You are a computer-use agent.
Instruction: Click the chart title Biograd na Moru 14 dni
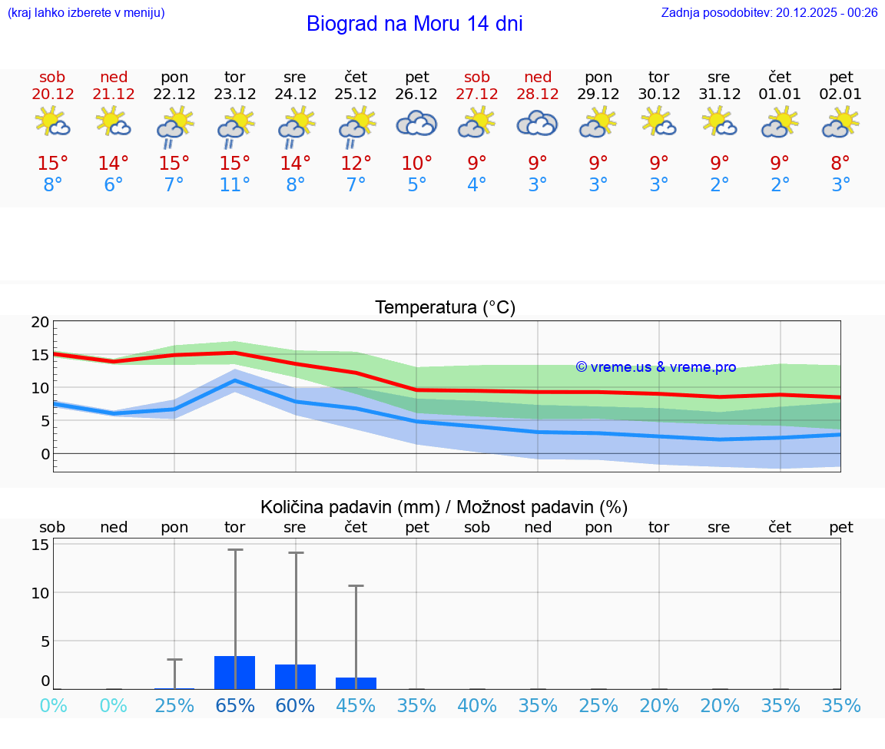(414, 24)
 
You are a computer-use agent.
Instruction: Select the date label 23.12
(234, 94)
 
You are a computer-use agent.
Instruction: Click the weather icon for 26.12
(416, 124)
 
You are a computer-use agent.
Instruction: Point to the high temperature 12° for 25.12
(356, 164)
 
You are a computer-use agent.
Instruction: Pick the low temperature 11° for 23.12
(234, 185)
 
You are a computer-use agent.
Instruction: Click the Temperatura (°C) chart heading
(445, 308)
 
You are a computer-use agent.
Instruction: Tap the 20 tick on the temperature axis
(40, 323)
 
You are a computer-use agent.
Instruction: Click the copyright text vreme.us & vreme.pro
(655, 367)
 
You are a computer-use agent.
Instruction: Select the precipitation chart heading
(444, 507)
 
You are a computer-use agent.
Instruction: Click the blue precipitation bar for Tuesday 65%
(234, 672)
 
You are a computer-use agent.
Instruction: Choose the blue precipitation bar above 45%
(356, 683)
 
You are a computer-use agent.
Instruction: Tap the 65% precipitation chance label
(234, 705)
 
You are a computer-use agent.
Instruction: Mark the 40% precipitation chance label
(477, 705)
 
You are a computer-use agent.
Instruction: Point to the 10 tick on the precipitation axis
(40, 592)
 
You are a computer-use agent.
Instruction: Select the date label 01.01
(780, 94)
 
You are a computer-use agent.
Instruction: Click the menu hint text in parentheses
(86, 12)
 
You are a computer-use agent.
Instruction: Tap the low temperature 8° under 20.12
(52, 185)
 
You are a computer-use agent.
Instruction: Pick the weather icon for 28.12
(537, 124)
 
